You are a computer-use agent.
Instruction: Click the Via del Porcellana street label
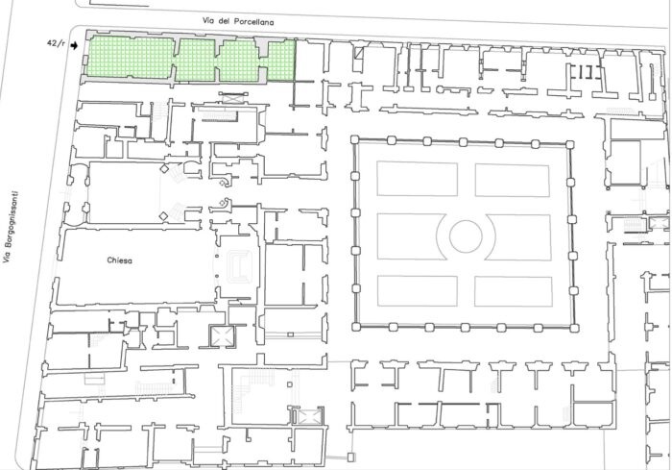(238, 21)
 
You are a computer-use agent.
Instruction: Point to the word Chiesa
(120, 260)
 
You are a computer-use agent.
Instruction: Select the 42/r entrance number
(56, 43)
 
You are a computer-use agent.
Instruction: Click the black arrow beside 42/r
(75, 45)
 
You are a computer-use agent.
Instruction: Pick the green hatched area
(191, 61)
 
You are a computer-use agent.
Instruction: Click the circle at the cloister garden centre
(466, 236)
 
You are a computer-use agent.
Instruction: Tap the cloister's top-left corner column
(354, 139)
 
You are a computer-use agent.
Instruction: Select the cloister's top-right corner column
(570, 144)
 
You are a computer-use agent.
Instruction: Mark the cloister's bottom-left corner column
(356, 327)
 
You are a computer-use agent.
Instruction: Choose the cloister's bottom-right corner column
(575, 329)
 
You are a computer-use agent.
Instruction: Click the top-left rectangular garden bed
(417, 179)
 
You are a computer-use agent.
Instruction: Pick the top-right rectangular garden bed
(512, 181)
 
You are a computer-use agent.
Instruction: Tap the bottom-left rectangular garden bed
(418, 291)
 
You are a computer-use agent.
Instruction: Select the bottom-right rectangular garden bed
(514, 291)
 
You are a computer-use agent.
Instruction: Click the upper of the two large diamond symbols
(164, 169)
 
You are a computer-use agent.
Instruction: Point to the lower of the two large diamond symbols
(163, 216)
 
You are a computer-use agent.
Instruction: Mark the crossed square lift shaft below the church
(223, 335)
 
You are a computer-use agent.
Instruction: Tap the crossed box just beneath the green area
(233, 98)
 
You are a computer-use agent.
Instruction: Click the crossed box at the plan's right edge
(660, 223)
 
